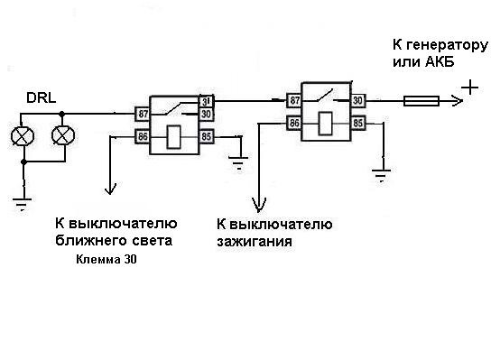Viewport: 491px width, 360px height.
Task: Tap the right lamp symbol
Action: (61, 135)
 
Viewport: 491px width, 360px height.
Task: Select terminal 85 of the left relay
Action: (207, 137)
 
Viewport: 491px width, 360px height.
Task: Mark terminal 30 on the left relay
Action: (207, 114)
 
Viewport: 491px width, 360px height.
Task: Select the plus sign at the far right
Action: (469, 88)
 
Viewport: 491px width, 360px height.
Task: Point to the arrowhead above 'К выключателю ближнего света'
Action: (110, 190)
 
